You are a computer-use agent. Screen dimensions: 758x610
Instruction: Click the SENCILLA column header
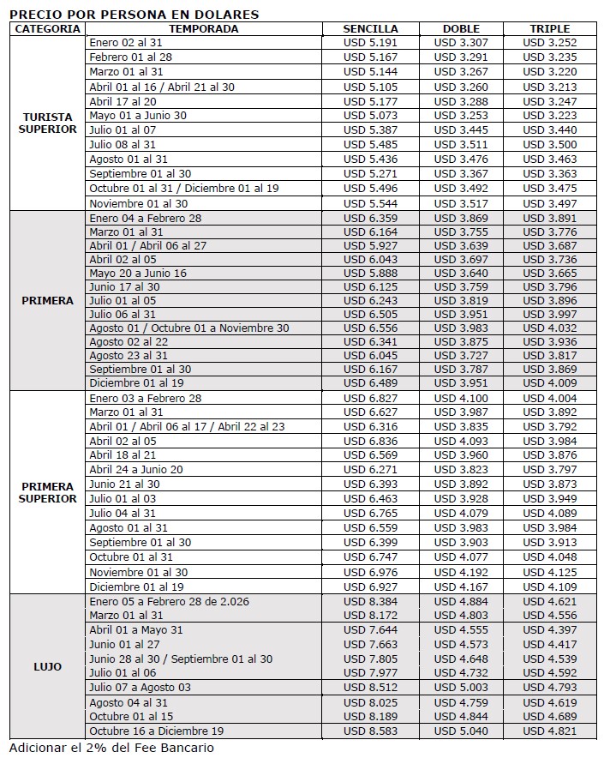click(370, 28)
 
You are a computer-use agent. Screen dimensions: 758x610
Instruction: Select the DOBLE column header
click(461, 28)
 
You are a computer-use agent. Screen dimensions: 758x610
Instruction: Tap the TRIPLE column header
click(549, 28)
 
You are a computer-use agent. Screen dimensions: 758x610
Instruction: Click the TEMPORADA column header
click(203, 28)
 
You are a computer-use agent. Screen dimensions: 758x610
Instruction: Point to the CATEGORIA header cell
click(48, 28)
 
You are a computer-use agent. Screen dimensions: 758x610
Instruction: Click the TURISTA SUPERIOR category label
click(48, 123)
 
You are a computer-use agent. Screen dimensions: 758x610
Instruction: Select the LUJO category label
click(48, 666)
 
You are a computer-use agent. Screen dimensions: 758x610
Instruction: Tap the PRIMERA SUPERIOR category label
click(48, 492)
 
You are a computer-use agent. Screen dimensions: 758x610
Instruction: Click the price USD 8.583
click(370, 731)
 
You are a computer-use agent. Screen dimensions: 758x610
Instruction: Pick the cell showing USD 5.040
click(461, 731)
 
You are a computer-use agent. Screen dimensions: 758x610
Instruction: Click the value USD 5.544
click(370, 203)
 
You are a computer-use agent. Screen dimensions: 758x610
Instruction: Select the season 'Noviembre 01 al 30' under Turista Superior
click(138, 203)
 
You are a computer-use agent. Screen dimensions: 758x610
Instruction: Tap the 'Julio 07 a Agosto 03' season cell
click(141, 688)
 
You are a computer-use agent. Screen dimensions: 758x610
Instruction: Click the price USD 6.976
click(370, 572)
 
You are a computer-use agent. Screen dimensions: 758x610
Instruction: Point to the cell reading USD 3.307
click(461, 42)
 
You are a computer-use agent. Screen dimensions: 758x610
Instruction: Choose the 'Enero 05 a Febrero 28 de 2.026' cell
click(169, 601)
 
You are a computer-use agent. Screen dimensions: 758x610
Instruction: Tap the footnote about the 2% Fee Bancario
click(111, 747)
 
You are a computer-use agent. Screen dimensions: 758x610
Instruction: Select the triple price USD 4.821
click(549, 731)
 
